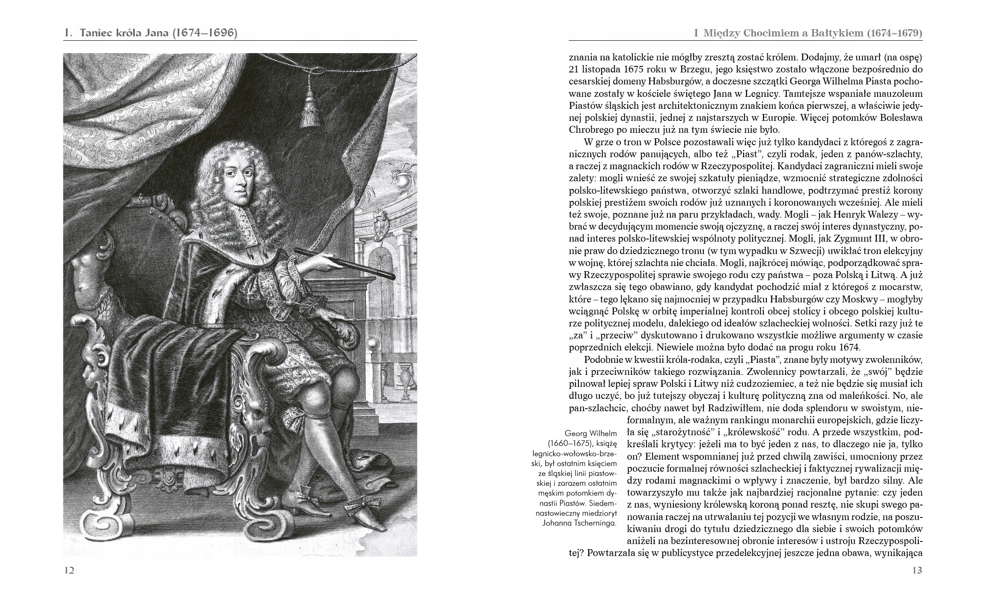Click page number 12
tap(69, 570)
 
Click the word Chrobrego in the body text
tap(591, 129)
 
